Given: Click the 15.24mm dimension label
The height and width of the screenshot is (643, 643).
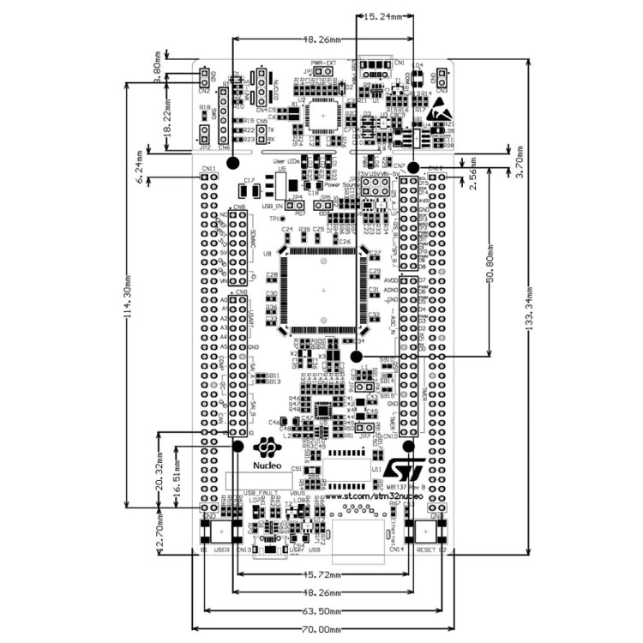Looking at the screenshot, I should click(383, 16).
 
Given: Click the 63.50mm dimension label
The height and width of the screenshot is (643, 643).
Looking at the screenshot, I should click(322, 612).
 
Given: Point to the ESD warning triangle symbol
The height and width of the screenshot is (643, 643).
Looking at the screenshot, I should click(439, 108).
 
